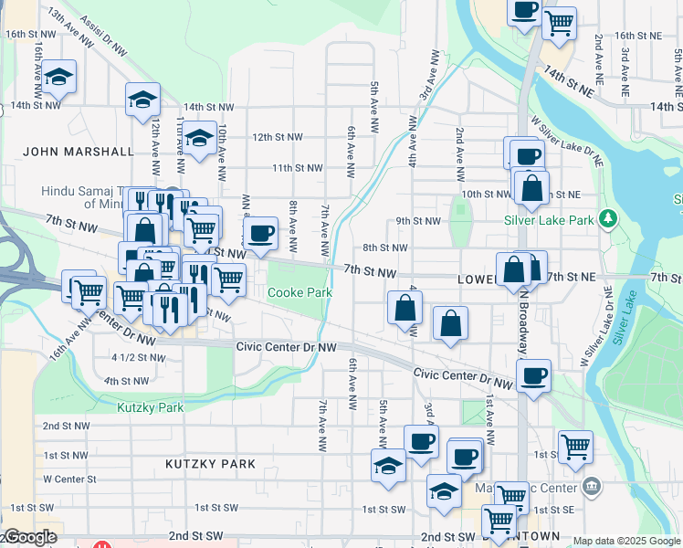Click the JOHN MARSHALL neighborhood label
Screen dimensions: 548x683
pos(79,152)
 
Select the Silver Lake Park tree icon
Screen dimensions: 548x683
pos(605,220)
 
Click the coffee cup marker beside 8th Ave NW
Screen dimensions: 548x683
pos(260,233)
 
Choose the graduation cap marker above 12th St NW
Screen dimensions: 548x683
pos(197,140)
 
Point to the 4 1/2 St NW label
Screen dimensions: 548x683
pos(138,357)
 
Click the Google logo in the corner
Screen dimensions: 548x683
pos(29,538)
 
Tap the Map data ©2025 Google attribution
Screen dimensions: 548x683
pos(626,541)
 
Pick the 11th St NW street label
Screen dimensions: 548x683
pos(297,168)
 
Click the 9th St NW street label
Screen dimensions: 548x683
pos(418,221)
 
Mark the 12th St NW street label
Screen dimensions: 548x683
pos(277,137)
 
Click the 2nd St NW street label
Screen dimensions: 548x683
pos(65,426)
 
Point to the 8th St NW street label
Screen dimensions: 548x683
pos(384,248)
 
